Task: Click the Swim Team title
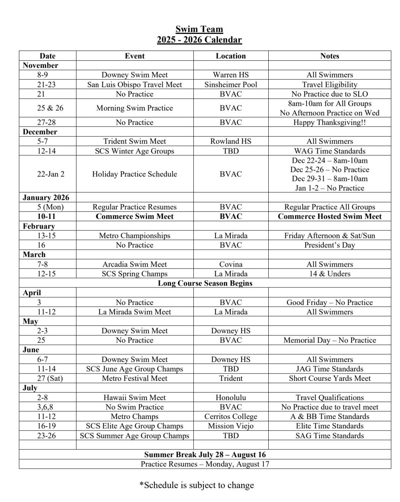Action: [x=199, y=29]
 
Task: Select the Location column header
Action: [x=230, y=56]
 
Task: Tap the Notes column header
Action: [x=330, y=56]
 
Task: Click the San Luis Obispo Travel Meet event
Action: [x=134, y=85]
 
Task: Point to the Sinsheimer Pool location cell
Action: [x=230, y=85]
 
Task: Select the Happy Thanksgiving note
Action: [x=330, y=122]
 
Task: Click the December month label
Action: [x=40, y=132]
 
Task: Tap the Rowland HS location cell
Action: [x=230, y=141]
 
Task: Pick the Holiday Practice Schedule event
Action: [x=134, y=174]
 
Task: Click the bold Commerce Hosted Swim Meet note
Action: [x=330, y=216]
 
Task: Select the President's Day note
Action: [x=330, y=245]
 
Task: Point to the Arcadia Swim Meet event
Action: [x=134, y=264]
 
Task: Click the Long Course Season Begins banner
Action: [x=205, y=283]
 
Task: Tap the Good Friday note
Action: [x=330, y=303]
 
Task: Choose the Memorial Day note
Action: [x=330, y=340]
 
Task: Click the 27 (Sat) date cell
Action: [x=47, y=378]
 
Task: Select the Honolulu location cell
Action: [x=230, y=398]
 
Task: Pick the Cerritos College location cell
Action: [x=230, y=417]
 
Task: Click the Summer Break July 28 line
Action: [x=205, y=455]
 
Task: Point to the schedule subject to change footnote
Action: [x=197, y=485]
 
